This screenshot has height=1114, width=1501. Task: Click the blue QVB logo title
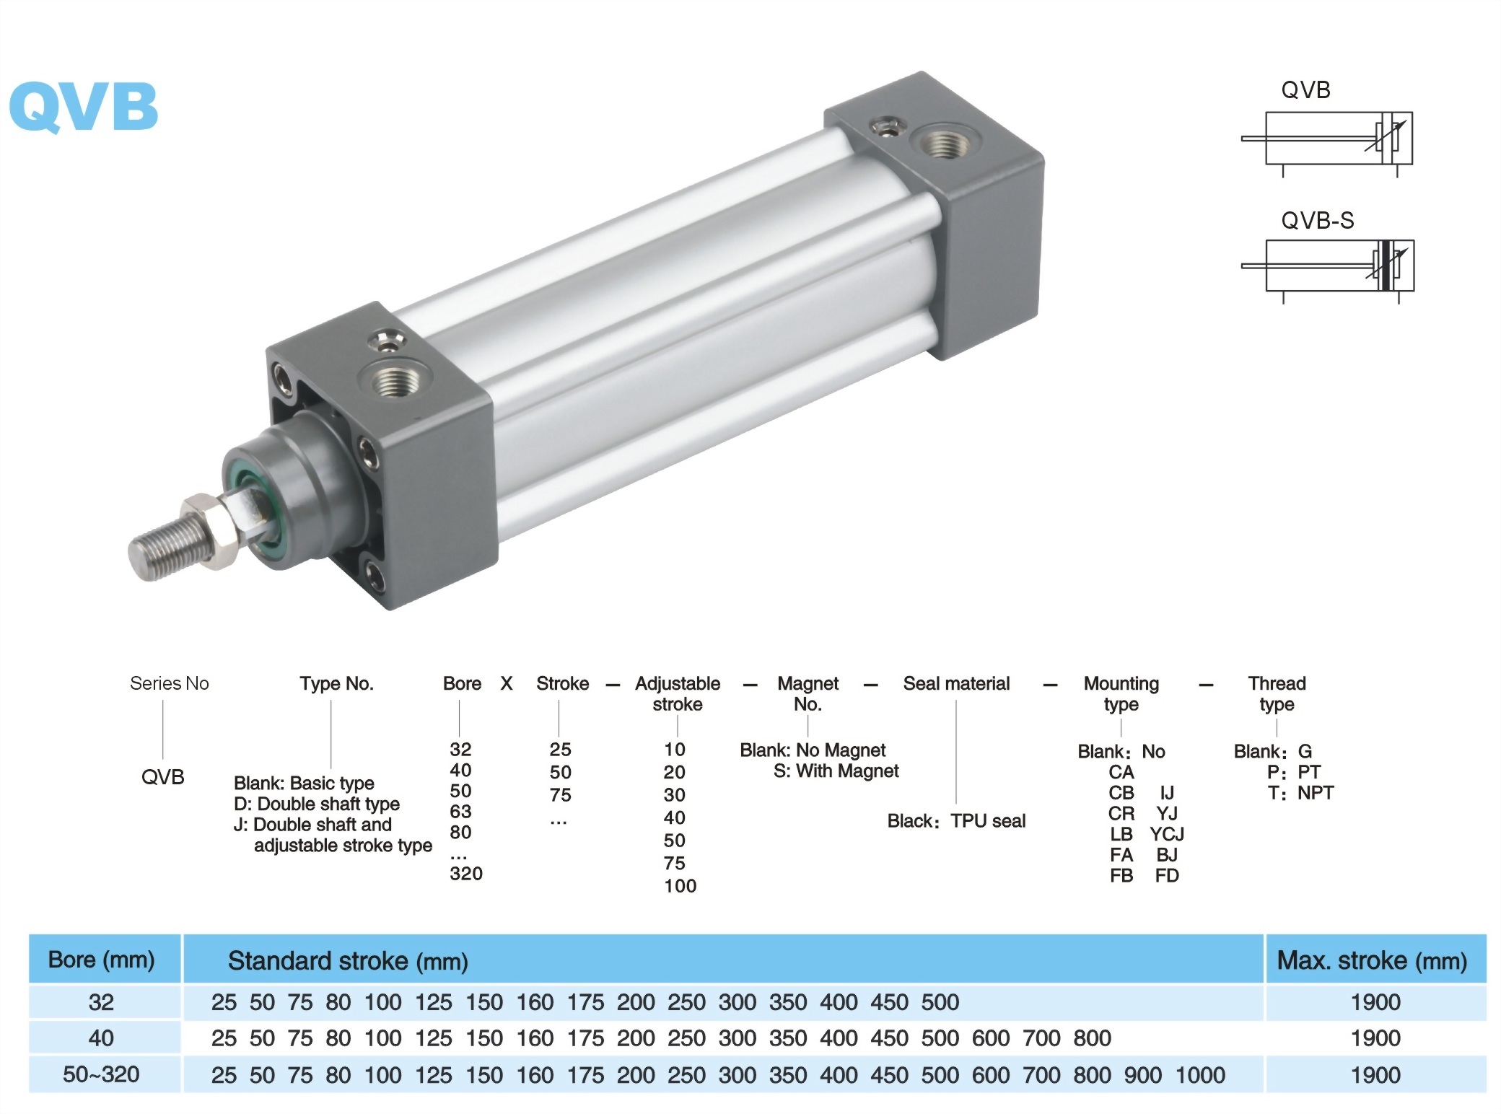[84, 107]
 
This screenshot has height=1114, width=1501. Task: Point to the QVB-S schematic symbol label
[1317, 220]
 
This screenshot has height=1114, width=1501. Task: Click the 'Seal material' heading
[956, 683]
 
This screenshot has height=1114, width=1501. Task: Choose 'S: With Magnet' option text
[836, 771]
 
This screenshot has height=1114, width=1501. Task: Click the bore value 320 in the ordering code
[466, 874]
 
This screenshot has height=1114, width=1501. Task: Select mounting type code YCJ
[1167, 834]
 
